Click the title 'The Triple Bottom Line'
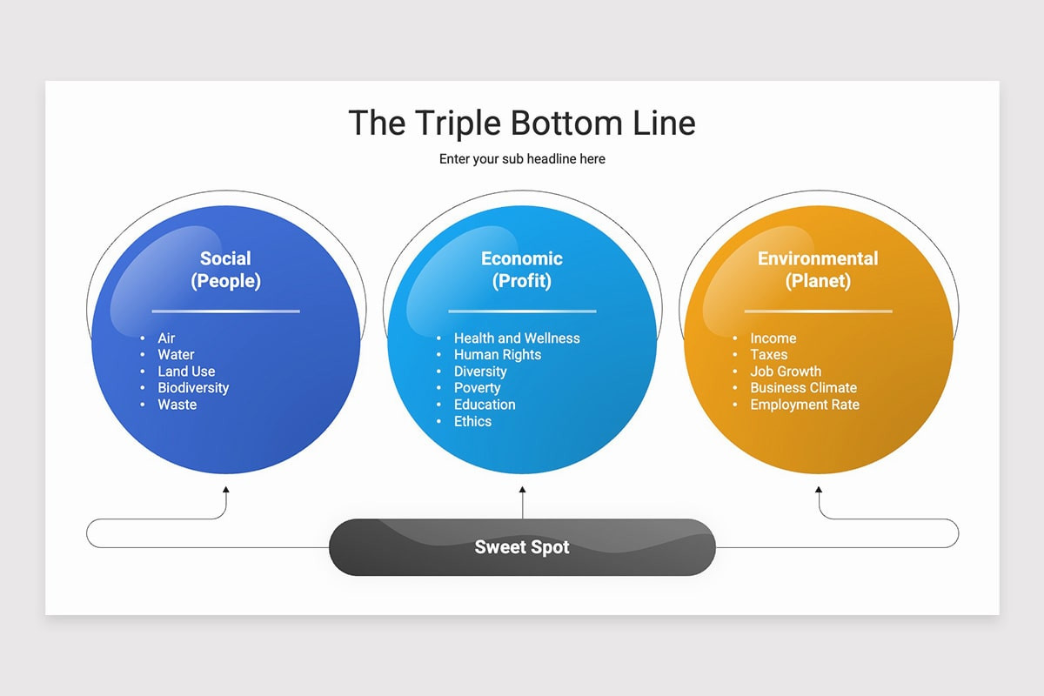point(522,123)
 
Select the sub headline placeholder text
point(522,159)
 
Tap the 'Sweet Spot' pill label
point(522,547)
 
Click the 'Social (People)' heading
point(225,270)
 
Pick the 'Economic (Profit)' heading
point(522,270)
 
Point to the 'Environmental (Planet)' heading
point(818,270)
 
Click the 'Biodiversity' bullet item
point(193,388)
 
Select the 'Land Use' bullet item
point(186,371)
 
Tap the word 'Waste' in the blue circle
point(177,405)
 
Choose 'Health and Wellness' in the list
point(517,338)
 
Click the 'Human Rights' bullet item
point(498,355)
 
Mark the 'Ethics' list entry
point(472,421)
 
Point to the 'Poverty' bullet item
point(478,388)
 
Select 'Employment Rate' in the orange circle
point(805,405)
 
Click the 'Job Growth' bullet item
point(786,371)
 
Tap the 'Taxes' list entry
point(769,355)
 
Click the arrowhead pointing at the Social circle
point(226,490)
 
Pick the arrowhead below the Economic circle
point(523,490)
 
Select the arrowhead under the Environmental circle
point(819,490)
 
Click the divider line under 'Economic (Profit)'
point(522,311)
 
